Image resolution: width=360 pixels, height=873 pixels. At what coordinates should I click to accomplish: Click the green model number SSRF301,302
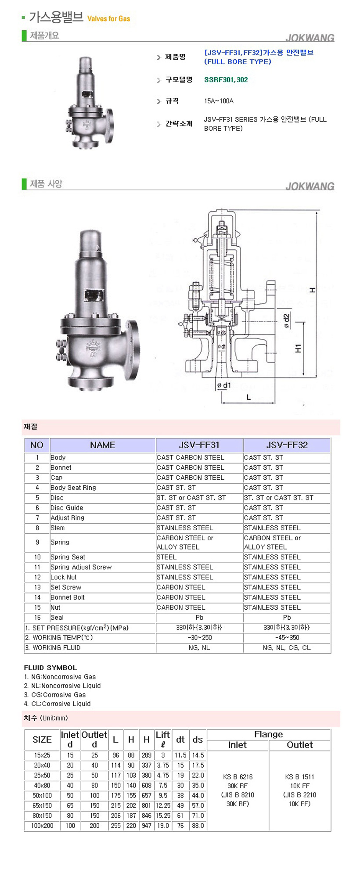(x=226, y=79)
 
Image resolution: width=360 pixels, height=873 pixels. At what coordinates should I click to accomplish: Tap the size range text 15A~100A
(x=219, y=101)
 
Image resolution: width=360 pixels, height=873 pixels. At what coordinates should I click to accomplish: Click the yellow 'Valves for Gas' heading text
(x=108, y=18)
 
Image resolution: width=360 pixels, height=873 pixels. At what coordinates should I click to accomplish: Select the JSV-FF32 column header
(x=287, y=445)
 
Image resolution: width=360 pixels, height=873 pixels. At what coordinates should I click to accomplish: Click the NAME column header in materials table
(x=102, y=445)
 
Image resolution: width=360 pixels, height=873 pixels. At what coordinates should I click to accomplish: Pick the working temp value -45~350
(x=287, y=637)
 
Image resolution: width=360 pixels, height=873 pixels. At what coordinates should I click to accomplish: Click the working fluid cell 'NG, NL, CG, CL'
(x=287, y=647)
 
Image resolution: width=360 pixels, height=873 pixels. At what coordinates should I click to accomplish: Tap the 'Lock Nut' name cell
(x=63, y=577)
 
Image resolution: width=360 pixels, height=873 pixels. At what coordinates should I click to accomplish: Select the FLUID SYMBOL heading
(x=50, y=668)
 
